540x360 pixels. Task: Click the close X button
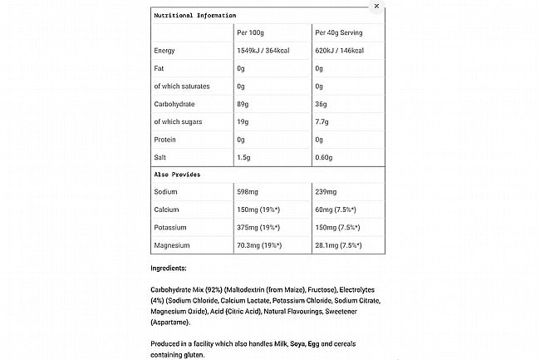tap(376, 6)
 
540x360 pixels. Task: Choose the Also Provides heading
tap(177, 175)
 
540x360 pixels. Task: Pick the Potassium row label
tap(172, 228)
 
